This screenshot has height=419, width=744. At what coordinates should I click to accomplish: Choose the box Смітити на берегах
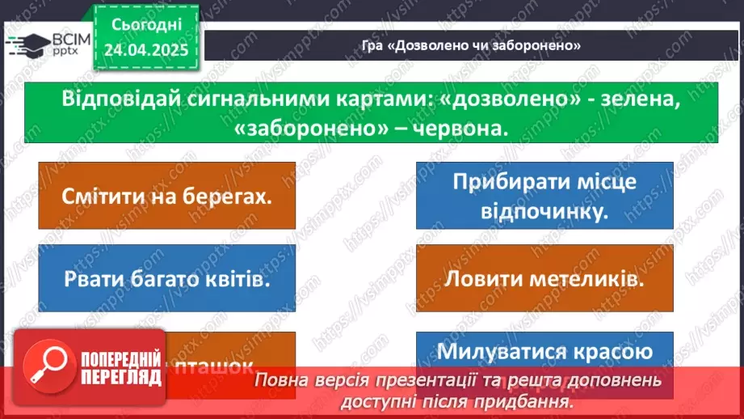[x=166, y=196]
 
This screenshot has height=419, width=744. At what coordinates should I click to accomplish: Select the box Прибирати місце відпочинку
[x=544, y=196]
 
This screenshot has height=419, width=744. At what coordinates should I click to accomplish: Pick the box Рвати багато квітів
[x=166, y=280]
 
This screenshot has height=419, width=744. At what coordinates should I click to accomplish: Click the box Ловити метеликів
[x=544, y=280]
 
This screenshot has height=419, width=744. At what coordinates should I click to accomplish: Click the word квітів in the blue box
[x=238, y=280]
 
